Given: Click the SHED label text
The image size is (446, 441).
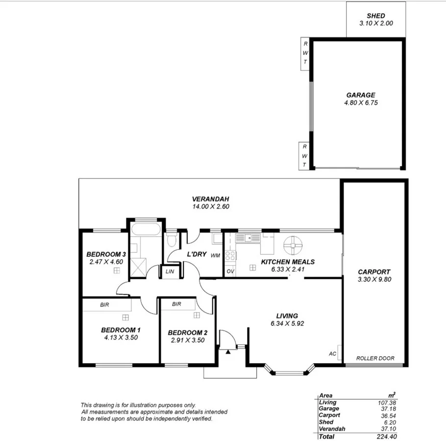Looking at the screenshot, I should click(x=376, y=16).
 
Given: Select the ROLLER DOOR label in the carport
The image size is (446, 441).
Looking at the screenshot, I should click(x=375, y=358).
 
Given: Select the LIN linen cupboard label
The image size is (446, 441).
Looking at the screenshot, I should click(x=170, y=271).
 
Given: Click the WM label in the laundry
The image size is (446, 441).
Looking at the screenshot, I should click(x=215, y=256).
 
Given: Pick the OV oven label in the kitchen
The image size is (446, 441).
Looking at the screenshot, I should click(x=230, y=271).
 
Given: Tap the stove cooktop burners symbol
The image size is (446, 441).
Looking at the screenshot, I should click(x=230, y=255).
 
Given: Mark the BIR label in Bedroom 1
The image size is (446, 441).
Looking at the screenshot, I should click(x=104, y=305).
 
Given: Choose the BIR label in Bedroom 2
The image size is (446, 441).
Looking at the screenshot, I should click(x=177, y=304).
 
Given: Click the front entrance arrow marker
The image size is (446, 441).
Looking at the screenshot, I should click(x=228, y=351).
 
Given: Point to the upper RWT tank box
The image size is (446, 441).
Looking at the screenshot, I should click(x=305, y=53).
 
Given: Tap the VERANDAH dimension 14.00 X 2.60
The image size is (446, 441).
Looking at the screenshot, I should click(x=211, y=207).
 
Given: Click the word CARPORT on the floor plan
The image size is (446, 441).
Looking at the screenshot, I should click(x=374, y=272).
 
